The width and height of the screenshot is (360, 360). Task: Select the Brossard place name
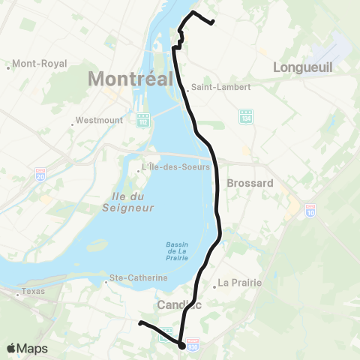coord(250,182)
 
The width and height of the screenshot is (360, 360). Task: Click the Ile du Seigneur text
coord(127,202)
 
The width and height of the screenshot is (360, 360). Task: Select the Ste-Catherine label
coord(139,277)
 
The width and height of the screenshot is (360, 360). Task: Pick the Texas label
coord(33,291)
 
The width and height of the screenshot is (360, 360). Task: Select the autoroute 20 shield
coord(40,175)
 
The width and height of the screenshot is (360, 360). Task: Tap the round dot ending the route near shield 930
coord(182,345)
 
